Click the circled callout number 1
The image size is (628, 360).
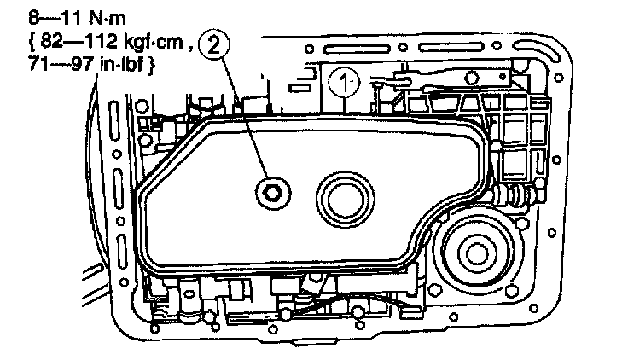click(342, 84)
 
